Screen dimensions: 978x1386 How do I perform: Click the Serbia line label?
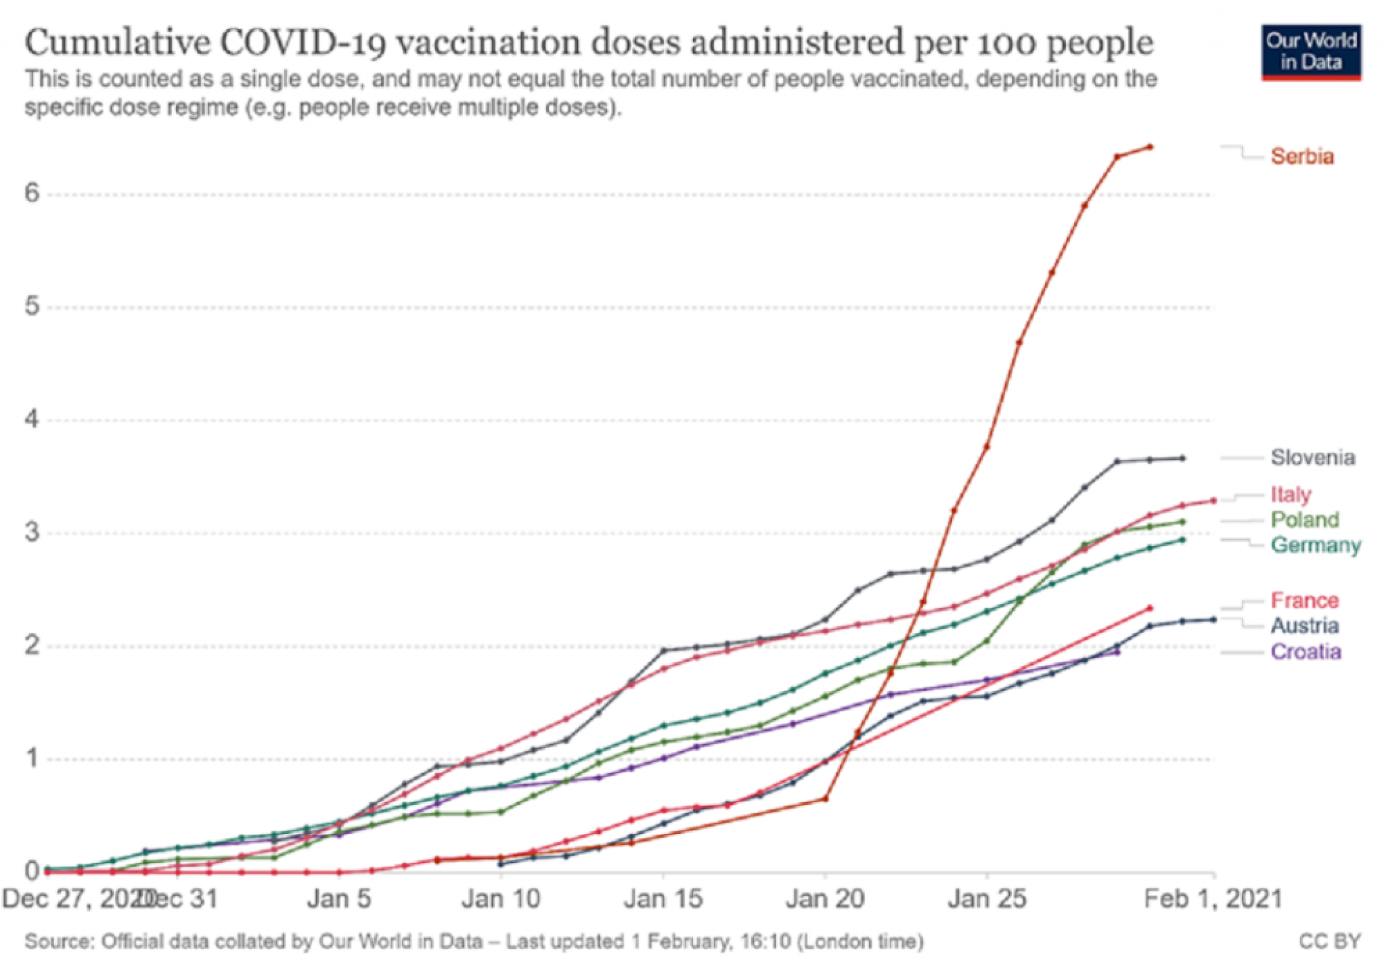1301,157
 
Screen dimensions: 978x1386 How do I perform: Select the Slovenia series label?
1312,458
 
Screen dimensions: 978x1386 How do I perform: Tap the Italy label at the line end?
1291,494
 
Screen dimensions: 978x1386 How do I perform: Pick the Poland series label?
1305,519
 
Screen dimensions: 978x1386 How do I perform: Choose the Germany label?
1315,545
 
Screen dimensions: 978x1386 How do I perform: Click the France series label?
1304,601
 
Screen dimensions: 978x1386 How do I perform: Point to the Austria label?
1304,626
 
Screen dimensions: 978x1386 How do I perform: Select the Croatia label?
1305,652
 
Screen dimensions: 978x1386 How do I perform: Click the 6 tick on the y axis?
32,194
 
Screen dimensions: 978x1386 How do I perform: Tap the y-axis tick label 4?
32,420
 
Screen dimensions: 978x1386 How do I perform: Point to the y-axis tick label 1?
32,758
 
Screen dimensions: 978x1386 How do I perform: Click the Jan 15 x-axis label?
663,900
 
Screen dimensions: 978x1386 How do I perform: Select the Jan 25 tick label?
987,900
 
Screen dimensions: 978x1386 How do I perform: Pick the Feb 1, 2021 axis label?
1213,900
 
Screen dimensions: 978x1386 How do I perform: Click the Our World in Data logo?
1311,53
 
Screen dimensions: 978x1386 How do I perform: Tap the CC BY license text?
1329,941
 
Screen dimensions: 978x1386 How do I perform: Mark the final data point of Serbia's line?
1150,147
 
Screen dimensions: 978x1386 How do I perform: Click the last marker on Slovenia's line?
1182,459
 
